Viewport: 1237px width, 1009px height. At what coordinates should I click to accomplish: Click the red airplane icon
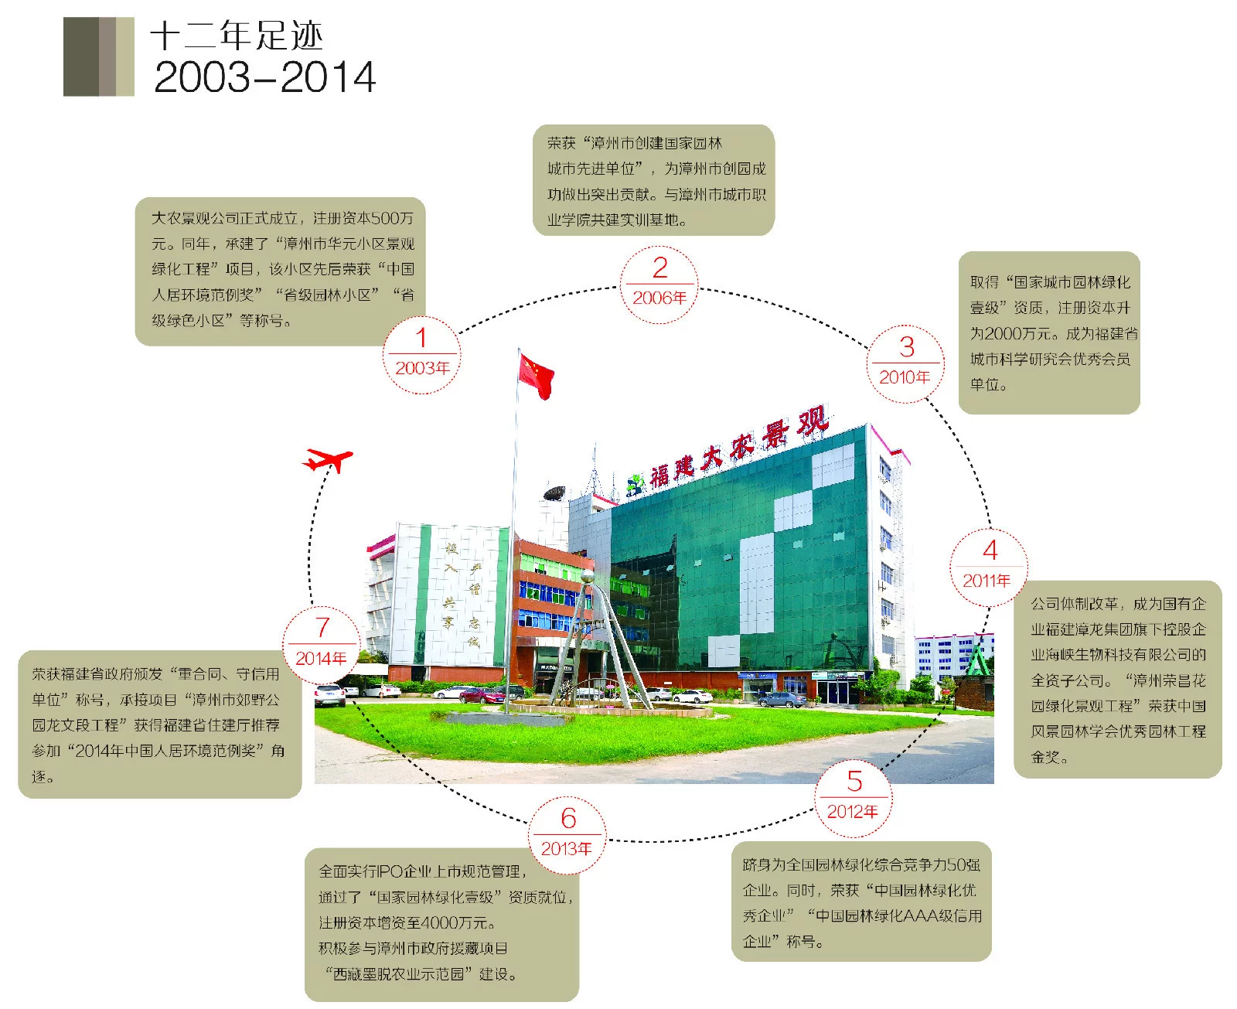click(327, 459)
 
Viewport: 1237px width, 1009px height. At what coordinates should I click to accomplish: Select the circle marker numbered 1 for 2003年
click(421, 355)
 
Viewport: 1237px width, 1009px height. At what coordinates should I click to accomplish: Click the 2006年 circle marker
click(659, 285)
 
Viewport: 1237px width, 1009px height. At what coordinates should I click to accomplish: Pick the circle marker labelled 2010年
click(905, 363)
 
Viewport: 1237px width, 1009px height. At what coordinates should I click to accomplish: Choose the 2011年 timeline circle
click(989, 568)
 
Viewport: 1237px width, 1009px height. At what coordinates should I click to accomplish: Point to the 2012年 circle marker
click(854, 799)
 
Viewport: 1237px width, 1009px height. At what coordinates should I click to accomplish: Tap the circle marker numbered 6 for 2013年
click(567, 835)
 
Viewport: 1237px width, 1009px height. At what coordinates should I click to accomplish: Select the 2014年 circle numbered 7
click(322, 645)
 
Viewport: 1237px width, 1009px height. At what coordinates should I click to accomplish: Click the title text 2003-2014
click(264, 77)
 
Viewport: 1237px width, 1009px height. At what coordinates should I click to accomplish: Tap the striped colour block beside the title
click(98, 56)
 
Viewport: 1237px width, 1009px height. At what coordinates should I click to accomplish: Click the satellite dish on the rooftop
click(554, 493)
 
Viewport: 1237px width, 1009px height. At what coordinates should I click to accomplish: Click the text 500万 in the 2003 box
click(393, 218)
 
